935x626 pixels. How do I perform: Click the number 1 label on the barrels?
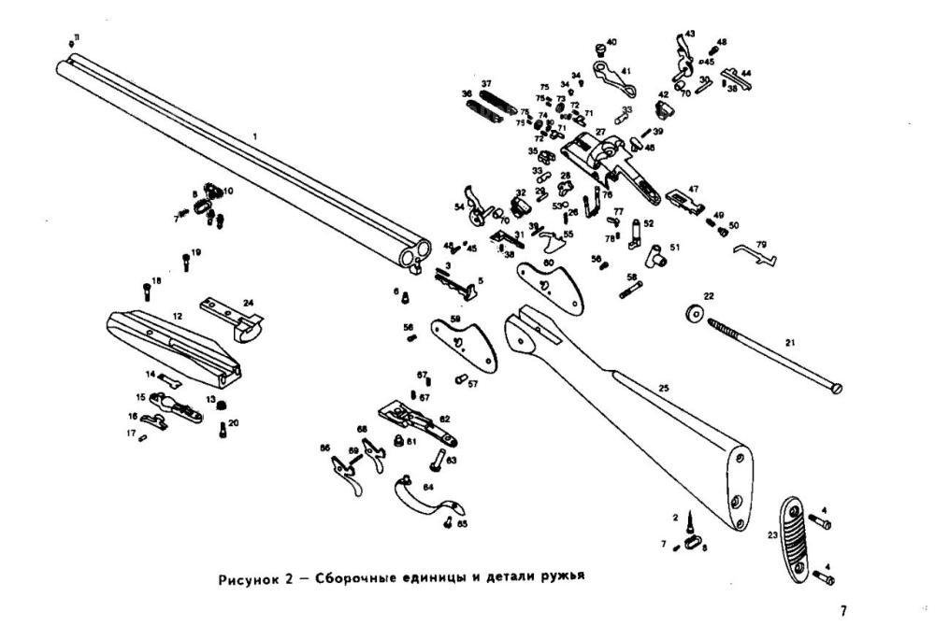[x=253, y=136]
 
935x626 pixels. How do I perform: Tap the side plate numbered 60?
[x=550, y=284]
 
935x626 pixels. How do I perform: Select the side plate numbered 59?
[x=460, y=339]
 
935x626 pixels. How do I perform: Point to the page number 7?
[x=842, y=611]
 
